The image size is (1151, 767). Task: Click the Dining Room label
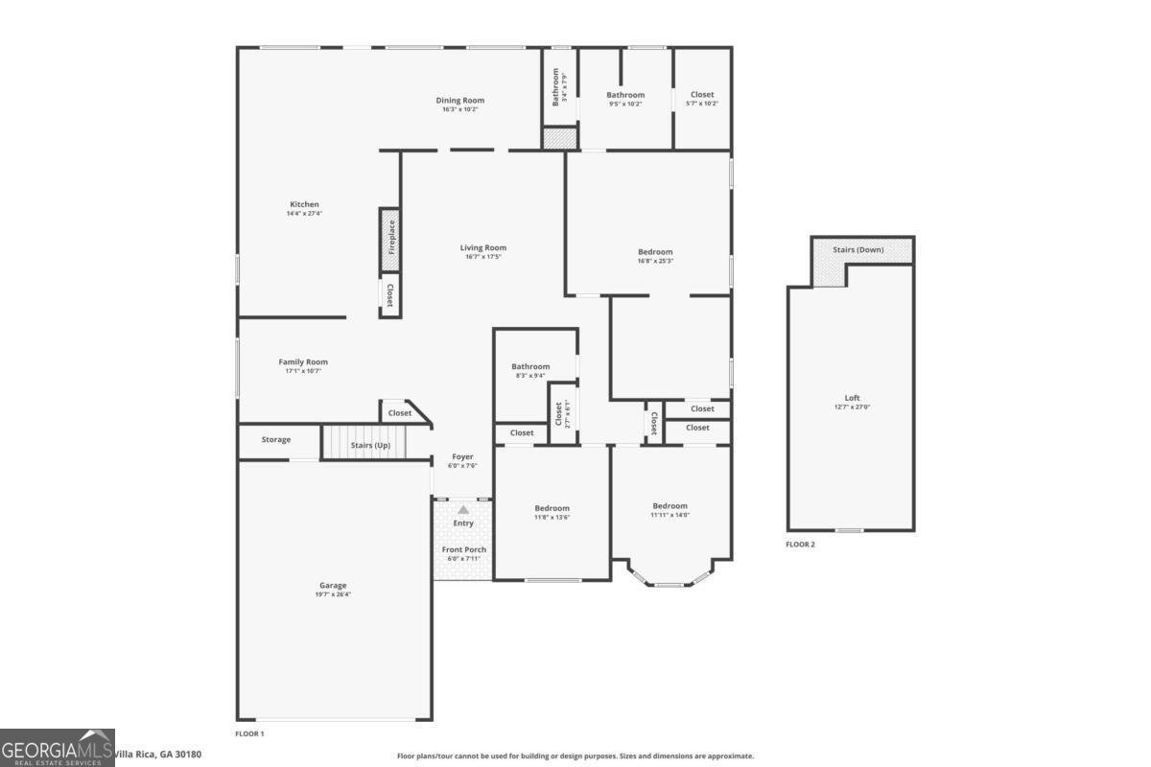tap(460, 100)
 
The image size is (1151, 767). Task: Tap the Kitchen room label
tap(304, 204)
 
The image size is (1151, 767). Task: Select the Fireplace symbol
tap(389, 236)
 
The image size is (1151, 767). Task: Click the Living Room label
tap(482, 247)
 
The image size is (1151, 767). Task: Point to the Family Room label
tap(303, 362)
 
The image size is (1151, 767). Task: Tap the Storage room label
tap(276, 440)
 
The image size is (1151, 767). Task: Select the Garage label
tap(333, 585)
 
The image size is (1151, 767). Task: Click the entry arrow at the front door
tap(463, 510)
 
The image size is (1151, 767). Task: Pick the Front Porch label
tap(463, 549)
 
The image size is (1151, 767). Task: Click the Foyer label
tap(463, 456)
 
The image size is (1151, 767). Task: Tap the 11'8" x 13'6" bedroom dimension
tap(552, 516)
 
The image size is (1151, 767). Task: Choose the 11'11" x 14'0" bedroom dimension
tap(670, 515)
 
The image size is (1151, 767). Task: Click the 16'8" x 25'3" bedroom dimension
tap(656, 261)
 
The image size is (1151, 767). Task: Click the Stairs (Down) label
tap(858, 250)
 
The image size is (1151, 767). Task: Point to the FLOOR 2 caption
tap(800, 544)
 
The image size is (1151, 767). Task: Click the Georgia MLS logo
tap(58, 747)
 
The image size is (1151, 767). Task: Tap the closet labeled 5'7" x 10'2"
tap(702, 104)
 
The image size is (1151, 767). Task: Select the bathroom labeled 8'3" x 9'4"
tap(530, 375)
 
